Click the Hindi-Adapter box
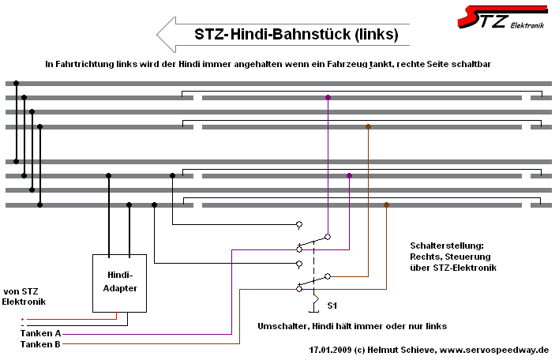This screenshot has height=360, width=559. click(119, 283)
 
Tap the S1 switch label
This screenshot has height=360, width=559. click(332, 306)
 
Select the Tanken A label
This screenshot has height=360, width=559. click(40, 333)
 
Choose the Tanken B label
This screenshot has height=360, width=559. click(40, 344)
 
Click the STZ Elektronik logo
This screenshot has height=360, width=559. click(503, 17)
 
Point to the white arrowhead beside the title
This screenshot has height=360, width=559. click(166, 35)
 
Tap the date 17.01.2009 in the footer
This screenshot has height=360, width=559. click(330, 350)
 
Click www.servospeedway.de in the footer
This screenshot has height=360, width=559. click(494, 350)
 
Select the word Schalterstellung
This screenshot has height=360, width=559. click(447, 246)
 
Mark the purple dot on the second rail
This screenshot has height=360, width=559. click(328, 97)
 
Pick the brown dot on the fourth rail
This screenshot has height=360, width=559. click(368, 126)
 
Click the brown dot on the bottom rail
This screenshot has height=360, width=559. click(386, 204)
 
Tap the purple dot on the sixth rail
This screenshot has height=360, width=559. click(349, 175)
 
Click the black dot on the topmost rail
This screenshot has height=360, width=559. click(16, 83)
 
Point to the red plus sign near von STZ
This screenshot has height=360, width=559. click(22, 320)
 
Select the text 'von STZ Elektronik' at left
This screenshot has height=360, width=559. click(24, 297)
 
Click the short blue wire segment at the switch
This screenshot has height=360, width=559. click(308, 289)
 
